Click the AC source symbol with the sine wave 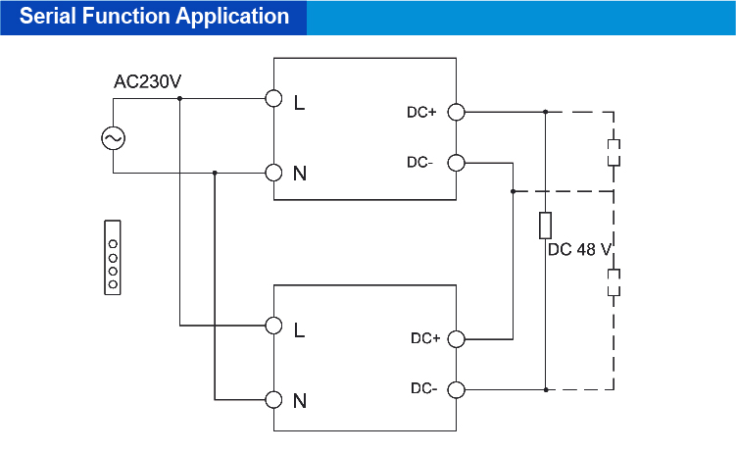coord(113,138)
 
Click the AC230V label coord(147,81)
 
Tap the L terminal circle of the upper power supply coord(274,99)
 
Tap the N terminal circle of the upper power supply coord(274,174)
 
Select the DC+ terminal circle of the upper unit coord(456,112)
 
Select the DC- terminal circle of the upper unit coord(456,163)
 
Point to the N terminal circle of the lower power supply coord(274,399)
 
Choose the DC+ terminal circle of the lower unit coord(456,338)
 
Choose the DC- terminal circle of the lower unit coord(456,389)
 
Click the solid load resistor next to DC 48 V coord(545,226)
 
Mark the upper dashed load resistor coord(613,152)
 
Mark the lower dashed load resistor coord(613,284)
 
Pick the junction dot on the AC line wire coord(179,99)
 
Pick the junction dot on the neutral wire coord(214,174)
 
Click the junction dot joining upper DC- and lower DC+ coord(513,191)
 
